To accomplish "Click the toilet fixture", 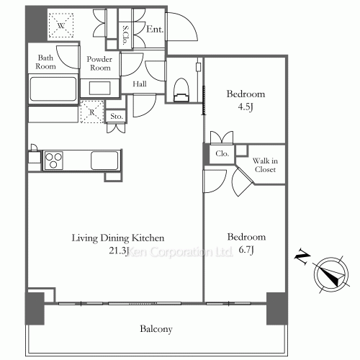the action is tap(181, 90).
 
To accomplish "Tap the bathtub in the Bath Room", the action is tap(53, 89).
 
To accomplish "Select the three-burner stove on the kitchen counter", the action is tap(53, 161).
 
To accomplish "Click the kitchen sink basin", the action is tap(104, 161).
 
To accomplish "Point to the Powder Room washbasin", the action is tap(100, 88).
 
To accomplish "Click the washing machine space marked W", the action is tap(61, 25).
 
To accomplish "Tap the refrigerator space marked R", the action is tap(92, 112).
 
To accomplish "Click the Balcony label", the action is tap(156, 329).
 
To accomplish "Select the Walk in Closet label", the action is tap(265, 165).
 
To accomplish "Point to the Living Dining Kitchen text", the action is tap(118, 238).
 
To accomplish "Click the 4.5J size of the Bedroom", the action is tap(246, 107).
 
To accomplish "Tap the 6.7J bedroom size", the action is tap(246, 250).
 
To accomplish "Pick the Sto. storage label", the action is tap(117, 117).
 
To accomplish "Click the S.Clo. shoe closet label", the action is tap(125, 35).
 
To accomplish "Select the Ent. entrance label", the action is tap(155, 30).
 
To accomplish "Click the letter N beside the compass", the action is tap(302, 257).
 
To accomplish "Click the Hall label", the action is tap(140, 84).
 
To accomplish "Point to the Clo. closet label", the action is tap(222, 153).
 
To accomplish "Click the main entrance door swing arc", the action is tap(189, 22).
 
